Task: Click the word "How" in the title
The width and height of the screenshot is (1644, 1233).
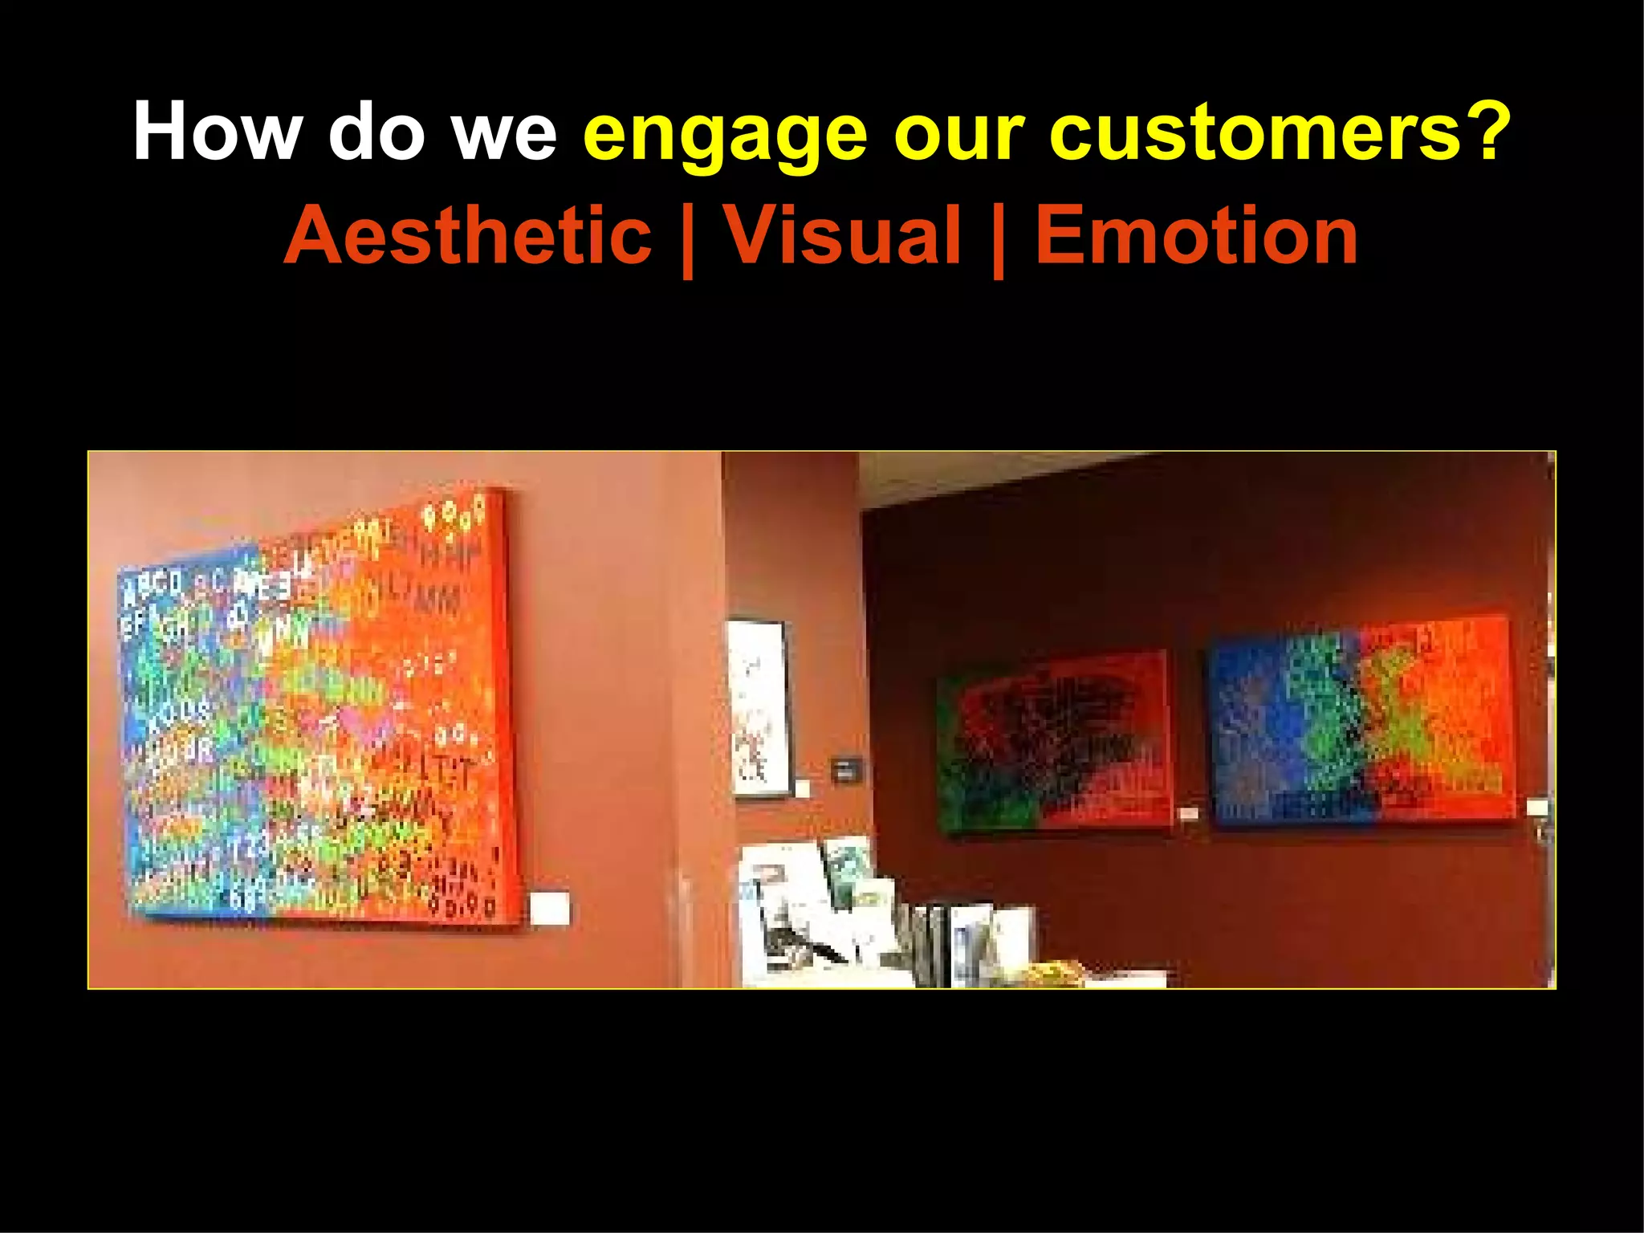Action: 218,131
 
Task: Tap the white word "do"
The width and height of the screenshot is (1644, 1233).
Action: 376,131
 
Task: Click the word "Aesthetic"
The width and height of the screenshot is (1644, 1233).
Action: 467,234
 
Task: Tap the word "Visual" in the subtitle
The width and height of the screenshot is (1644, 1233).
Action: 842,234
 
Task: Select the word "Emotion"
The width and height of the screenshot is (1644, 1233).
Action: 1196,234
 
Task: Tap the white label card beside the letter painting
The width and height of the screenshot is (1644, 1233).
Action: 550,908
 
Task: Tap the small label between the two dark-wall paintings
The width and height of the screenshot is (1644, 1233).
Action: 1189,814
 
